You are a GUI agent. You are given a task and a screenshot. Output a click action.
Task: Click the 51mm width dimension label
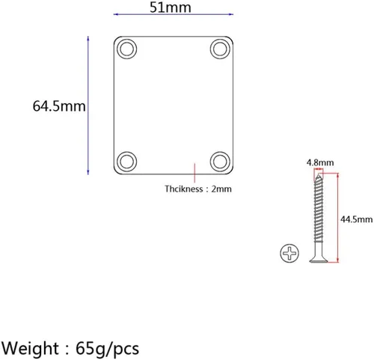171,7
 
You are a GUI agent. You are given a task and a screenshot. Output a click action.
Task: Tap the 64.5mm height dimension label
59,106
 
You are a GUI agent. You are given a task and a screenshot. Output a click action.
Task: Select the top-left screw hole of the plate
126,49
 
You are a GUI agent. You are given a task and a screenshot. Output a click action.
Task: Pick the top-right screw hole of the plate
220,49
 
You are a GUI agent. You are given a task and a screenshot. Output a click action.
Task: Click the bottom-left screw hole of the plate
126,162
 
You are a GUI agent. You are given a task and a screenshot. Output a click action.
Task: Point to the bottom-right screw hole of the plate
220,162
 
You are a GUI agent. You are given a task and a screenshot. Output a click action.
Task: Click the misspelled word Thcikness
184,189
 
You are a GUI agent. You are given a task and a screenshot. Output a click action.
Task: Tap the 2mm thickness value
221,189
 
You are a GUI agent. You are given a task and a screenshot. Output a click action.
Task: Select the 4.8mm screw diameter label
320,162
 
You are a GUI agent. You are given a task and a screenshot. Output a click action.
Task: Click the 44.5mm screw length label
357,219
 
